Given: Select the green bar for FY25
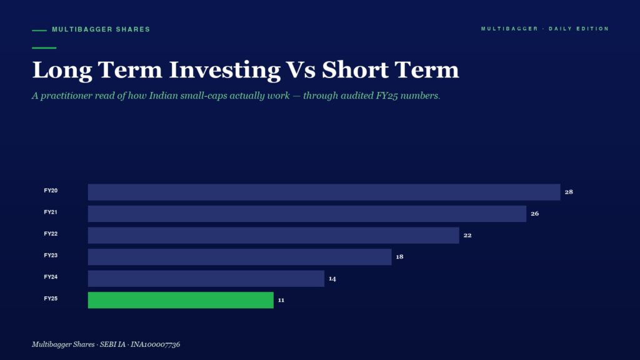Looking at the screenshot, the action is [x=181, y=300].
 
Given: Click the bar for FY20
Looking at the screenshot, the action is [x=324, y=192].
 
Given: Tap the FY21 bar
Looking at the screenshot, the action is [x=307, y=214].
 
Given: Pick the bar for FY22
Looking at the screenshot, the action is [x=274, y=235].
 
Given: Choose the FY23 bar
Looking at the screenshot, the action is [x=239, y=257].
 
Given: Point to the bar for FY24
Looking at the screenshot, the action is [x=206, y=278].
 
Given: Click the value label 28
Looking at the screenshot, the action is [x=569, y=192].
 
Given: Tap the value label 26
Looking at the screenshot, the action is [x=535, y=214].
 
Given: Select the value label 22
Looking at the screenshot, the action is [x=467, y=235].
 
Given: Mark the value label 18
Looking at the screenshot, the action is [x=399, y=257].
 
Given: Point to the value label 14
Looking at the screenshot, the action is [x=332, y=278].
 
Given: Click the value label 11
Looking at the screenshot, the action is [x=281, y=300].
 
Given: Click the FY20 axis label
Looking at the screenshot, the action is [x=51, y=191].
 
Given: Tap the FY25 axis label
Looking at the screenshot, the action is [x=51, y=298].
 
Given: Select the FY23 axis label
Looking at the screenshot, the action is [x=51, y=255].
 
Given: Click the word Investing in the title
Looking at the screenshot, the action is [x=224, y=70].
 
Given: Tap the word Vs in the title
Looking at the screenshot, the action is [x=301, y=70].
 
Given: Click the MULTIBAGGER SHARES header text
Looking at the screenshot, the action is [x=101, y=29].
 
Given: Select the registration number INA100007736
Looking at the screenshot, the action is [x=155, y=344].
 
